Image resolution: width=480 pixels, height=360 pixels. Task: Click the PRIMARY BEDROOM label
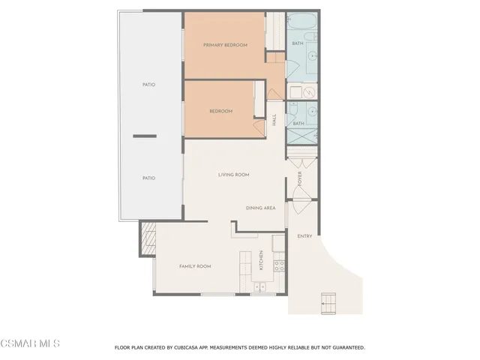225,45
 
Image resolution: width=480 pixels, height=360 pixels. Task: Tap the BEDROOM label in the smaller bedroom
220,111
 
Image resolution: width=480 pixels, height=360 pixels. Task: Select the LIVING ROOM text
233,175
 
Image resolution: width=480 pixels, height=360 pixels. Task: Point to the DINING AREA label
260,208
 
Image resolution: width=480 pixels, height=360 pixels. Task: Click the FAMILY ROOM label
194,266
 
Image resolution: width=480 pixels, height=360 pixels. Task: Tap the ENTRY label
304,236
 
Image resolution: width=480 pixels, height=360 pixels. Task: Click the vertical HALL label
274,119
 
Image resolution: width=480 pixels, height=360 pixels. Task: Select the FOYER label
299,179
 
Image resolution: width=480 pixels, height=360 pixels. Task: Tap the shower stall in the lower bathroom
303,137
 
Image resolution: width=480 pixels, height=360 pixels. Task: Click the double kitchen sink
260,286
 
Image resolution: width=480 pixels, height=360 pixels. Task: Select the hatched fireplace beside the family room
146,238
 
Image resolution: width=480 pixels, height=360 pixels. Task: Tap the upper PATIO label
148,85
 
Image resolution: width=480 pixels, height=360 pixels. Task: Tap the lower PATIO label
148,178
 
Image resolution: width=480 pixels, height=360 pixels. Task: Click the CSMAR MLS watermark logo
30,343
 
